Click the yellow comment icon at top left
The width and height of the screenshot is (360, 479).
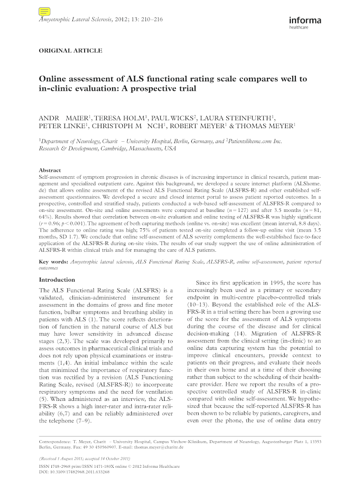(45, 12)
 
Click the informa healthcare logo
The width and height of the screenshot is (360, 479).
(305, 23)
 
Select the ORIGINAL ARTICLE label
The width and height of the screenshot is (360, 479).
(70, 51)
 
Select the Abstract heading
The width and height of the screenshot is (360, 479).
(50, 170)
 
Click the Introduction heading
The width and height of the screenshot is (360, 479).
(57, 280)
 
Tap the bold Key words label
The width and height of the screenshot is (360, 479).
(53, 262)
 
